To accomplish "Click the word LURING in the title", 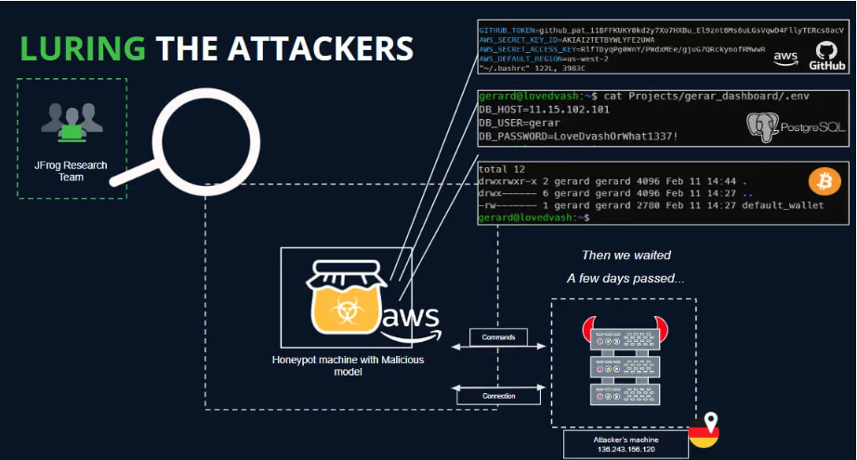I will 82,49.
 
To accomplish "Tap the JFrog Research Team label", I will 71,172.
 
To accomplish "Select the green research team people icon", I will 71,124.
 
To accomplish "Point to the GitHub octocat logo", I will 824,54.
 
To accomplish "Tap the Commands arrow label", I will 498,336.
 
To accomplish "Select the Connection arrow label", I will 498,396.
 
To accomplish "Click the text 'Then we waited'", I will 625,256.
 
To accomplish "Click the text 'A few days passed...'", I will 625,278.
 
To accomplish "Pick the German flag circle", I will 704,435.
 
